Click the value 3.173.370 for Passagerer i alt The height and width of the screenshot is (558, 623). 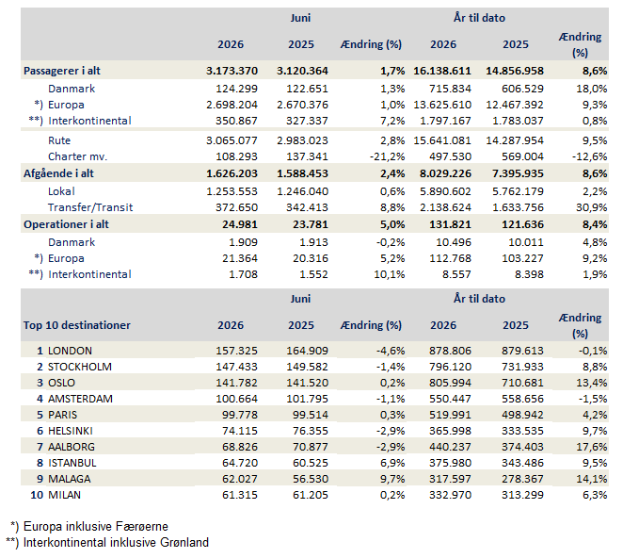232,71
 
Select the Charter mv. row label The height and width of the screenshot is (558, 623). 77,156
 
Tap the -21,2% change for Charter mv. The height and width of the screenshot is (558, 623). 387,156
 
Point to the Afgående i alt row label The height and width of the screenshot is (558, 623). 58,174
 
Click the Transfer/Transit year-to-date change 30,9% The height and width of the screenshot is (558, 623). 592,207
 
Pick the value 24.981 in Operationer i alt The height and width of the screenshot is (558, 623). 240,224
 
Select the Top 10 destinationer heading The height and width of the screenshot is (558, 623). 76,325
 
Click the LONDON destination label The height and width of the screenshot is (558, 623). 70,351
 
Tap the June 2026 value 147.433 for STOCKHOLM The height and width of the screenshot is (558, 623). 236,367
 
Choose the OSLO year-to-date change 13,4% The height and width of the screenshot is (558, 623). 592,383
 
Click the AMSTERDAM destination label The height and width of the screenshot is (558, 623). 80,399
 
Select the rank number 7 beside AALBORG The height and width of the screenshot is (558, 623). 40,447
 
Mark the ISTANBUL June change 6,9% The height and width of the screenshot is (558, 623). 392,463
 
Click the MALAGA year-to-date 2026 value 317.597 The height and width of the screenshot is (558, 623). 450,479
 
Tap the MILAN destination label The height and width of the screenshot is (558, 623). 64,495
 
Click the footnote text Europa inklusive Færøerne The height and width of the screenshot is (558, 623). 96,527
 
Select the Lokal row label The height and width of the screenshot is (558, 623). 61,192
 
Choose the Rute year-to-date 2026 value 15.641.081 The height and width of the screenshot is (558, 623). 442,140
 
